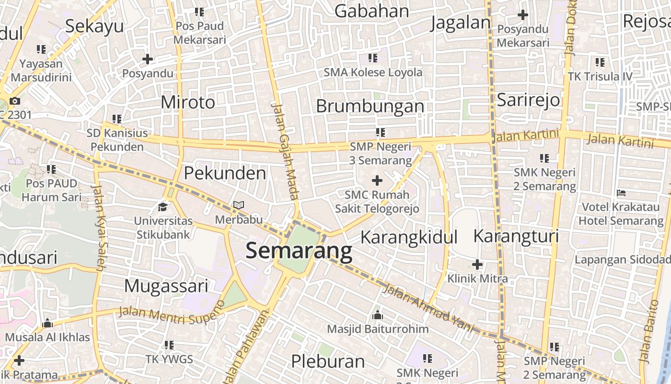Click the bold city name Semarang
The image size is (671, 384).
pos(299,251)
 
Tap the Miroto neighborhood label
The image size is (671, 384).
pos(188,102)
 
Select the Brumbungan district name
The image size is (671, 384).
pos(370,106)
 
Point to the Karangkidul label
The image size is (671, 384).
pos(409,237)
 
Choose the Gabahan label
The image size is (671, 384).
pos(371,11)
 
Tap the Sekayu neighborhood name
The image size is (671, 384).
pos(94,26)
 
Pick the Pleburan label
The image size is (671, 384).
pos(328,361)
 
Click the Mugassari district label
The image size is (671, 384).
pos(166,286)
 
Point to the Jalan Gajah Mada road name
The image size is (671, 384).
pos(286,150)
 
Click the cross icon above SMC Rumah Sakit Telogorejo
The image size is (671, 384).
pos(377,180)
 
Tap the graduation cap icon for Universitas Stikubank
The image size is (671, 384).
pos(163,207)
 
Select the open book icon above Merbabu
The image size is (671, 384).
pos(238,205)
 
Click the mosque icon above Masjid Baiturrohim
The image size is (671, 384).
pos(378,315)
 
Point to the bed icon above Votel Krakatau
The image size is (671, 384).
pos(621,193)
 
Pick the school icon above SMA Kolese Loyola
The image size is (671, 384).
pos(372,58)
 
